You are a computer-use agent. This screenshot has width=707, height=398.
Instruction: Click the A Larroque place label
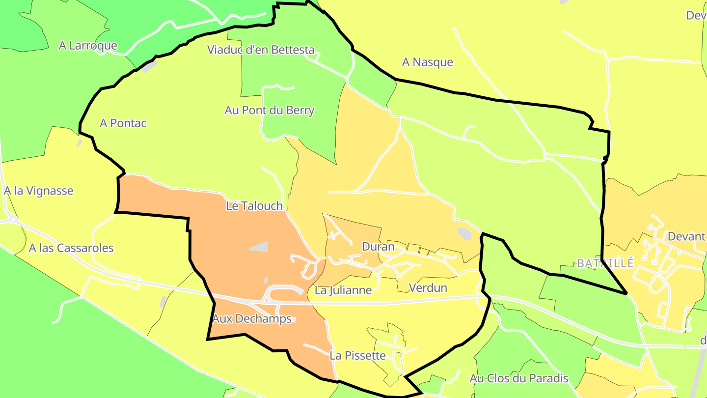coord(88,46)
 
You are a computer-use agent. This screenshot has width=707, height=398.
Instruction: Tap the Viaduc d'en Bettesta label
coord(261,50)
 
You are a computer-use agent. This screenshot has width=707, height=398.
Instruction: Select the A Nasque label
coord(427,62)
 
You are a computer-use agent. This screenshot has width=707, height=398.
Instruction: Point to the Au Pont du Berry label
coord(269,110)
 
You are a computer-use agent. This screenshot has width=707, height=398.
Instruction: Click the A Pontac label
coord(123,123)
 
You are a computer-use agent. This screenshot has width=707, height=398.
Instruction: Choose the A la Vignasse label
coord(38,191)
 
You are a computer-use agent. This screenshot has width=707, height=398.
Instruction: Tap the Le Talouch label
coord(254,205)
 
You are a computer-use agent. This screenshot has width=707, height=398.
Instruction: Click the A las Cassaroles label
coord(71,248)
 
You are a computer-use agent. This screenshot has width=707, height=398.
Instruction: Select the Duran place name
coord(378,247)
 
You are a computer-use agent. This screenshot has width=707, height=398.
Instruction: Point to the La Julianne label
coord(343,290)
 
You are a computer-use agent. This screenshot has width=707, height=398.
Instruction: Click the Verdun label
coord(428,287)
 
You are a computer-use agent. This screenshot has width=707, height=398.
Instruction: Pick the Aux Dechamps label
coord(252,318)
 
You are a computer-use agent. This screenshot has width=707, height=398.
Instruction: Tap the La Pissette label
coord(357,355)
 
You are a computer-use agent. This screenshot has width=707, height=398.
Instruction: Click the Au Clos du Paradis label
coord(519,378)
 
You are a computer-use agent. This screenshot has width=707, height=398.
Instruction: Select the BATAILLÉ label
coord(605,263)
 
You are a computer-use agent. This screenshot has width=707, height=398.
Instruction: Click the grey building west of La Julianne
coord(259,246)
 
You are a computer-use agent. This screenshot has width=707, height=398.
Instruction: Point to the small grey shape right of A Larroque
coord(149,66)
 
